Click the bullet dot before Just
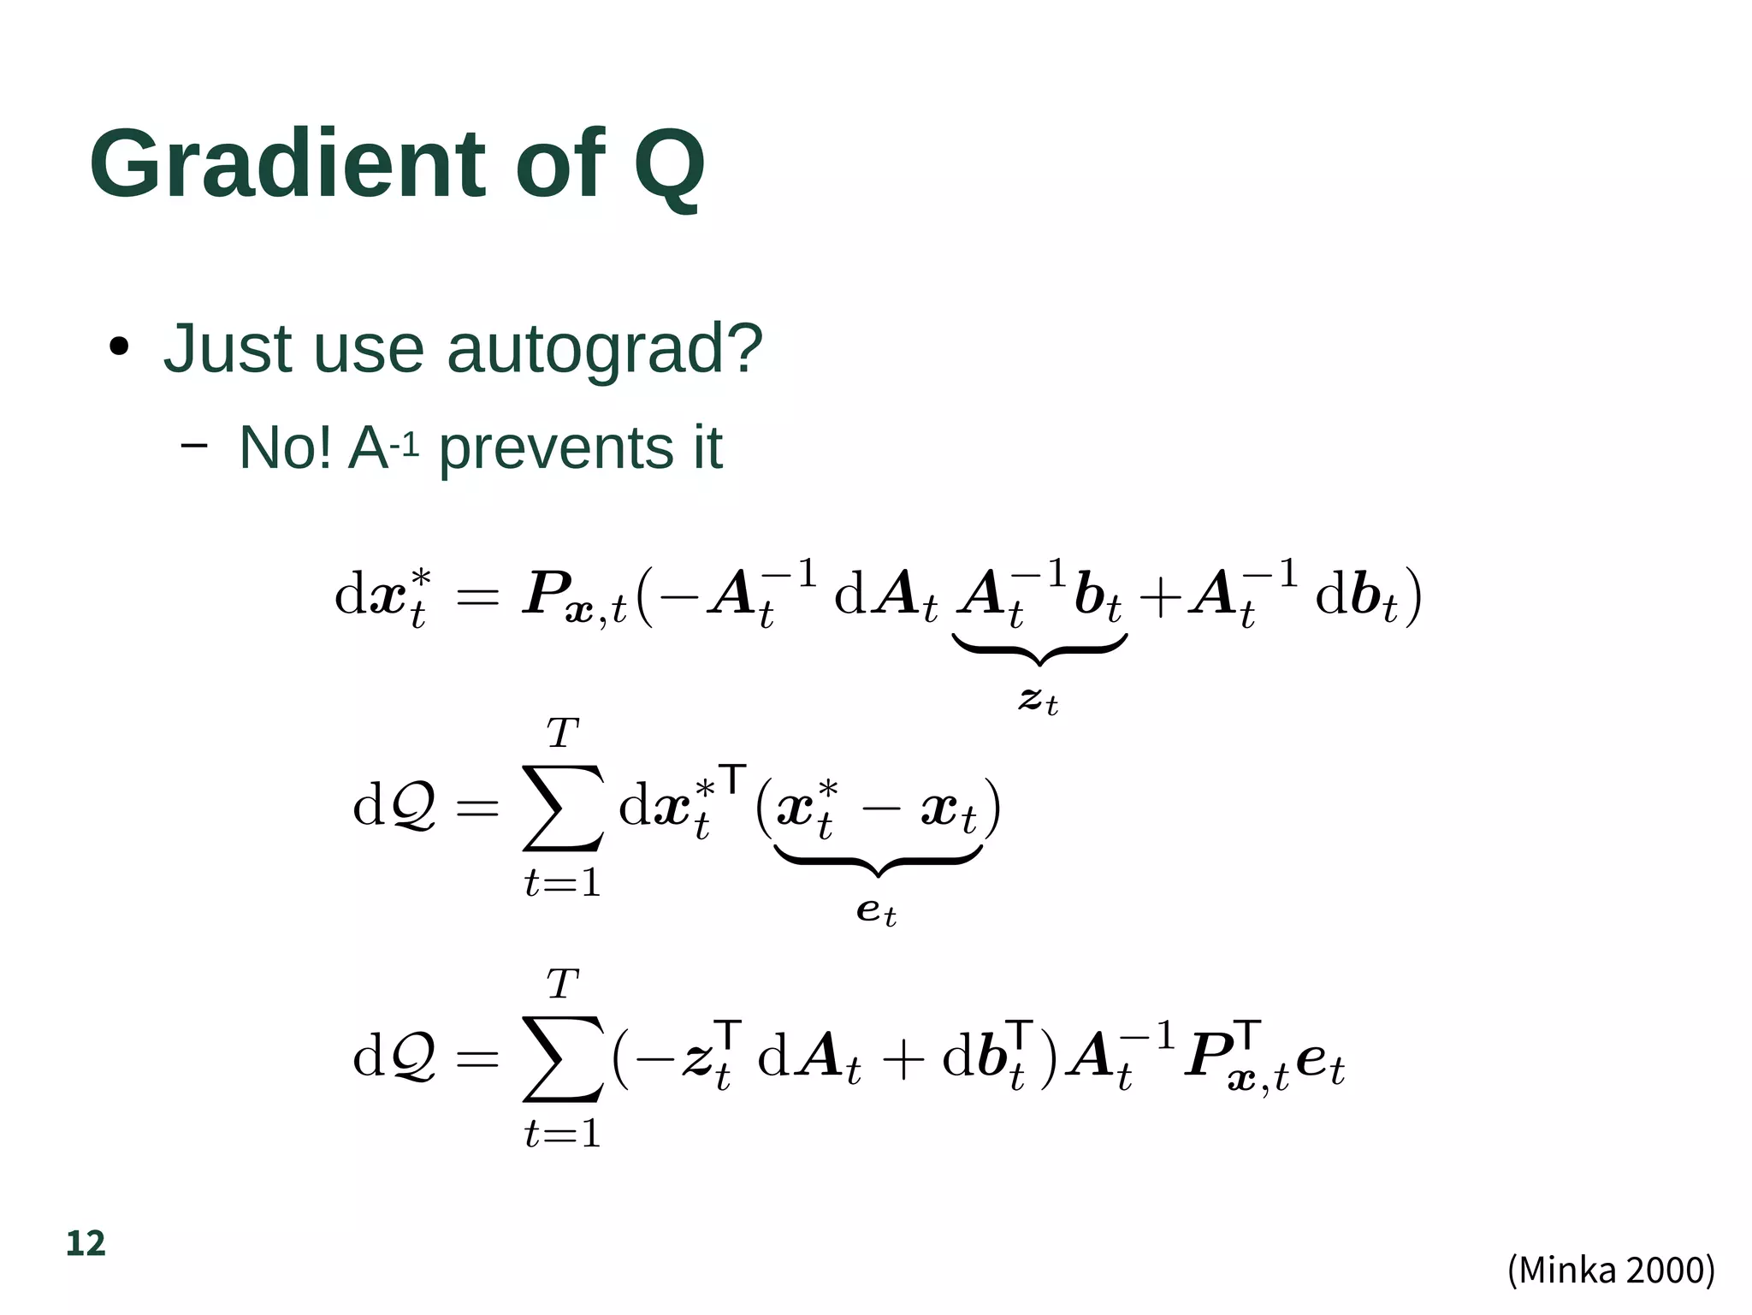(x=119, y=347)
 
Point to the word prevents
(x=556, y=448)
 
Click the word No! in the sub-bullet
(x=286, y=447)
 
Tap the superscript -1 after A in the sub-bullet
(x=404, y=445)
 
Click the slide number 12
(x=86, y=1243)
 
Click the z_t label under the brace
(x=1039, y=701)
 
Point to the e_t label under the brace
(x=876, y=911)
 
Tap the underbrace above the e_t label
(x=878, y=860)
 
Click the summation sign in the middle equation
(x=563, y=808)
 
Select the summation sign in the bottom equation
(x=563, y=1058)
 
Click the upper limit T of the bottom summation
(x=563, y=984)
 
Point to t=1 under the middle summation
(x=563, y=883)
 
